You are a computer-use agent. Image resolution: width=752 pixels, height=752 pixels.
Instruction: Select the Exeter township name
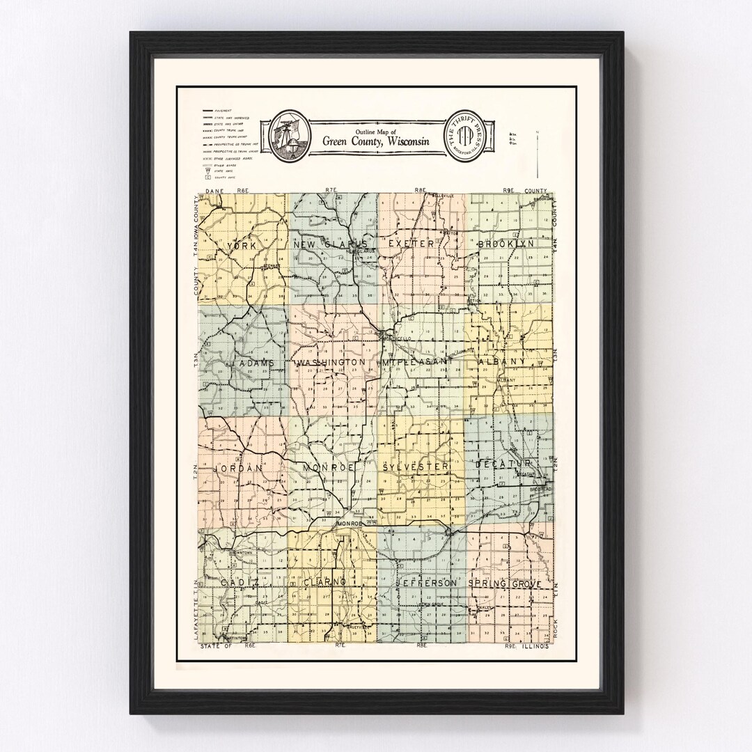tap(411, 244)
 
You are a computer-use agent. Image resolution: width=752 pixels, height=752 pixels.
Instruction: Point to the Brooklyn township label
tap(506, 244)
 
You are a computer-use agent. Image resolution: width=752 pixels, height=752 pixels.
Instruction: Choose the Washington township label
tap(331, 363)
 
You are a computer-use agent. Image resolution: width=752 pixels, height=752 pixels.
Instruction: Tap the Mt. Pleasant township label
tap(418, 363)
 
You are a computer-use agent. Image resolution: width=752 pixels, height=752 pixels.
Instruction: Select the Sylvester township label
tap(415, 467)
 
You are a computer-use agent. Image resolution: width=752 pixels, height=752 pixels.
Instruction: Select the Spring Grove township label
tap(505, 583)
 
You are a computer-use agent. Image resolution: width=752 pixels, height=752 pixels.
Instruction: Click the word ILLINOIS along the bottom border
tap(537, 647)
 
